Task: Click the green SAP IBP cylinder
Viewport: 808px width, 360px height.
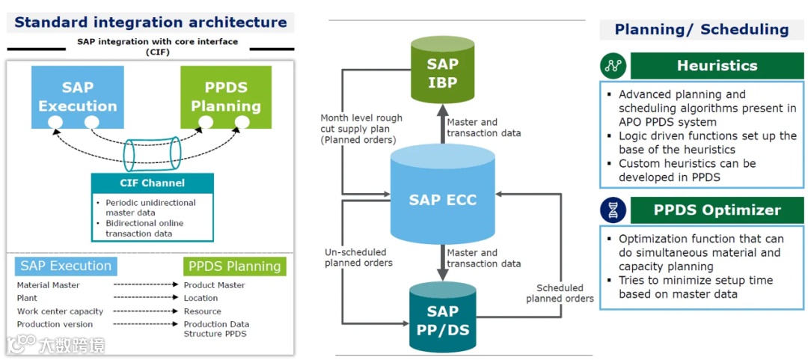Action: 442,73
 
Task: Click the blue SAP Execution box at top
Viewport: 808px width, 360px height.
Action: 78,97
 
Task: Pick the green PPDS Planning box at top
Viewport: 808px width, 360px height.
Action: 226,97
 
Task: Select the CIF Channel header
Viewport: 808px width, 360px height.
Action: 152,183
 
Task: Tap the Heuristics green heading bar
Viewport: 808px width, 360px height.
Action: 717,66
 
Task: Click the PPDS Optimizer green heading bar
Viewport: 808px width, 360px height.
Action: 717,210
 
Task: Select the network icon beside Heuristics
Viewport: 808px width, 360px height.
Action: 613,66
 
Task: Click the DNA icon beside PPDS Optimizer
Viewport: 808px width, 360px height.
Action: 613,210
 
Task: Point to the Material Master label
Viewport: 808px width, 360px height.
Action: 49,285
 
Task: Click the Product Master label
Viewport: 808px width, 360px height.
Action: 215,285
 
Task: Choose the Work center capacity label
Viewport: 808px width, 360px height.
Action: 61,311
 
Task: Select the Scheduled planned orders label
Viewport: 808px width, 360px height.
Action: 560,293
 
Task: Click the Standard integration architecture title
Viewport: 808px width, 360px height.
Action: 150,22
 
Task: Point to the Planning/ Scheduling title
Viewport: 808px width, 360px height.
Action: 701,30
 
